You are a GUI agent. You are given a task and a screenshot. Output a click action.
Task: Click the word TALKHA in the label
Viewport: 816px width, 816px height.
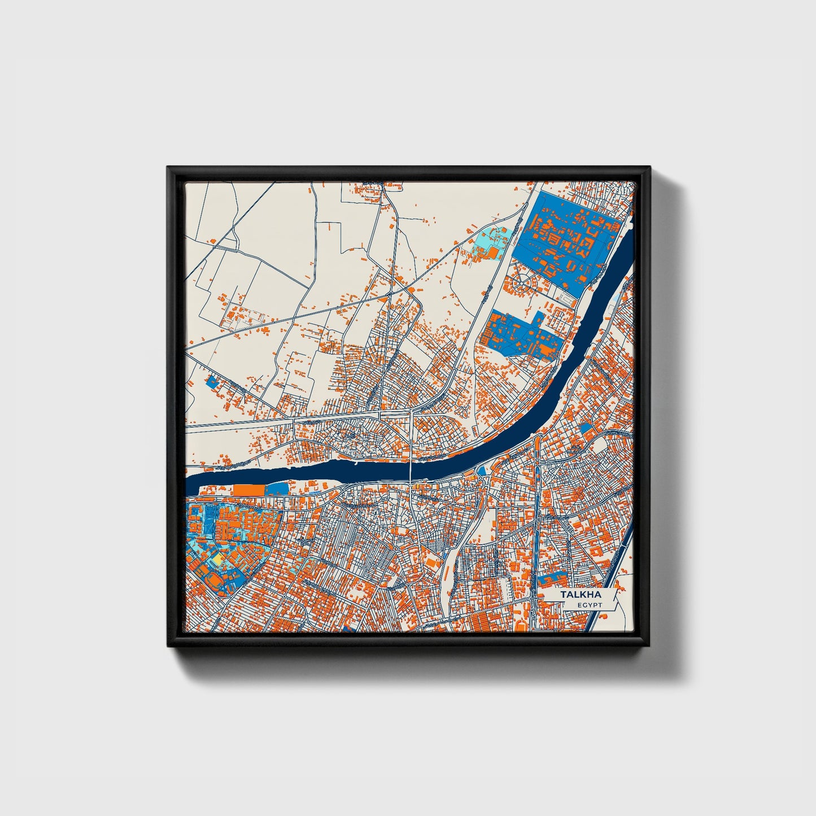(581, 595)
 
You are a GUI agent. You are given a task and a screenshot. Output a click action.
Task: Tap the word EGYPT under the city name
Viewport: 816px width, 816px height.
(590, 605)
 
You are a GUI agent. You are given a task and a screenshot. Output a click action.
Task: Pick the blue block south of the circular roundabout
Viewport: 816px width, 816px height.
(522, 334)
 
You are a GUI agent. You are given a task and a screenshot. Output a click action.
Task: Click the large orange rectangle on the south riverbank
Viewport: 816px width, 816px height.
(249, 490)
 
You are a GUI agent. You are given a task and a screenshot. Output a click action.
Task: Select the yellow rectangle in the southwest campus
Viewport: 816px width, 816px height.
(217, 558)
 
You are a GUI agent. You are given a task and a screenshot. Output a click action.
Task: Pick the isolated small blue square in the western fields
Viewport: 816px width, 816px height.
(212, 381)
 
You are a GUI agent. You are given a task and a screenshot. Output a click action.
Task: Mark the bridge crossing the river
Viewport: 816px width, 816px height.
(411, 469)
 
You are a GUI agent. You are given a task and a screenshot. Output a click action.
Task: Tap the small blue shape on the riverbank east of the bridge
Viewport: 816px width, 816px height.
(482, 470)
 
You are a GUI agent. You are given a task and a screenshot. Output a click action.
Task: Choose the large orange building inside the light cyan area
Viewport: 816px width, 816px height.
(493, 252)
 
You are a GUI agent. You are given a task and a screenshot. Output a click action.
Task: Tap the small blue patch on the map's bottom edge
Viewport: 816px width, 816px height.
(348, 628)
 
